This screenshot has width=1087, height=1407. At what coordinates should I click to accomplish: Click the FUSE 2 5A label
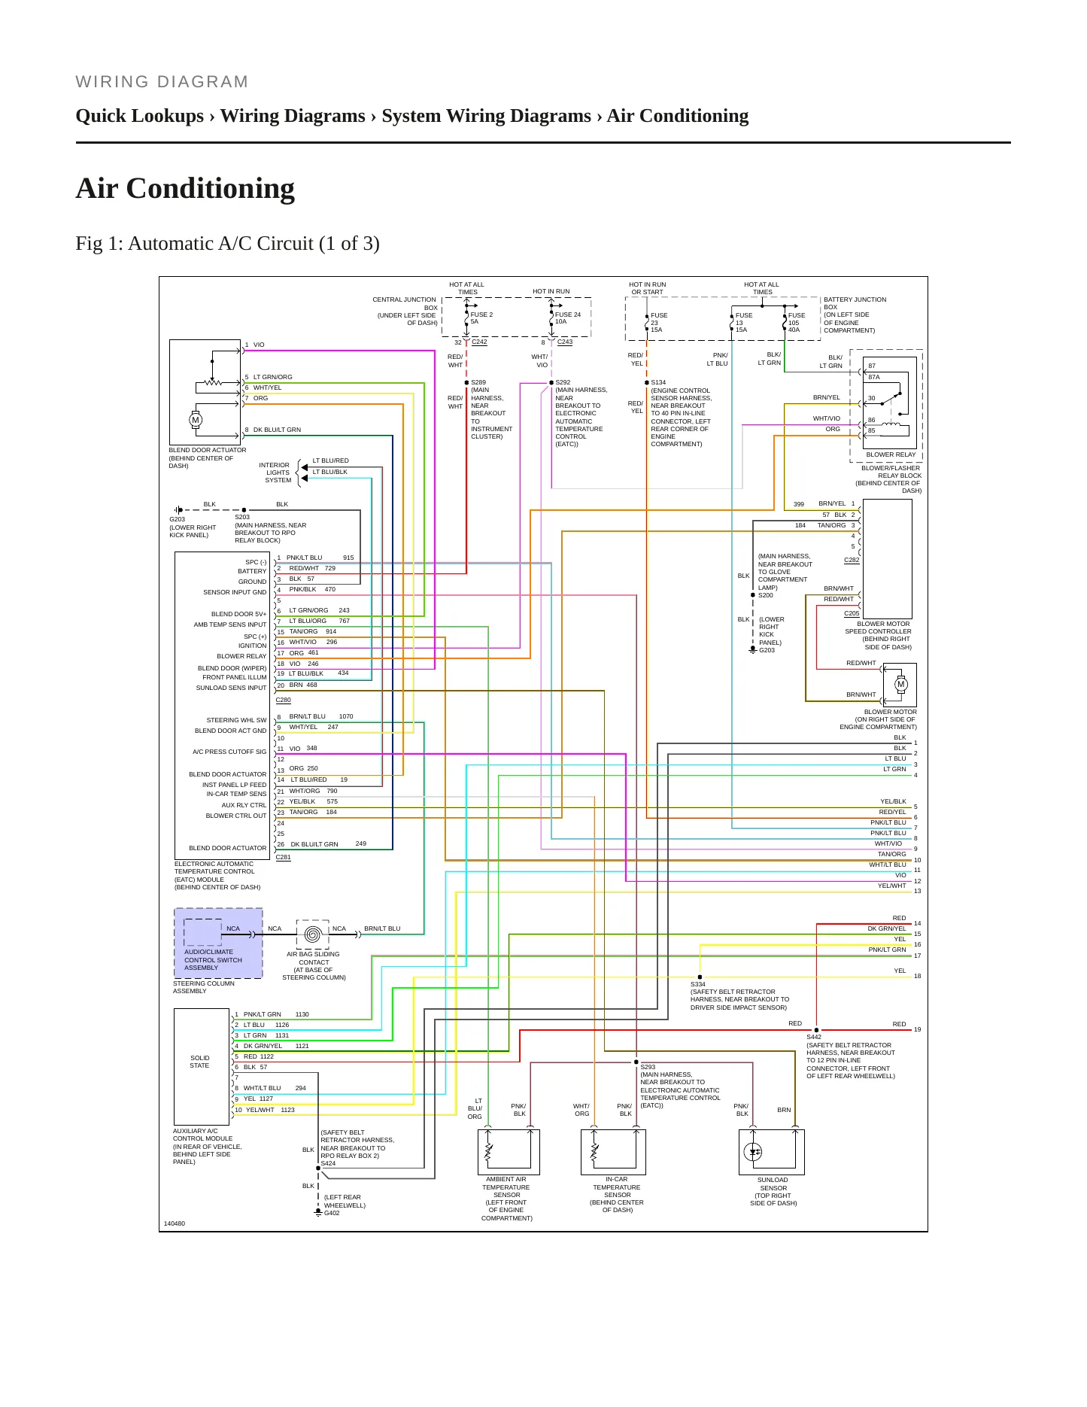point(481,318)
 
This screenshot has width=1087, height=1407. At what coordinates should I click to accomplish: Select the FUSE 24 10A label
point(568,318)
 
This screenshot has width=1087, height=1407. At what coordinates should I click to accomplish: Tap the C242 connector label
point(479,342)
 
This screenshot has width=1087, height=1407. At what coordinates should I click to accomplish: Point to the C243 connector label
point(565,342)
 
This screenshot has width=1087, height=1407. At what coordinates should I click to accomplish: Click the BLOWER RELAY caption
point(891,454)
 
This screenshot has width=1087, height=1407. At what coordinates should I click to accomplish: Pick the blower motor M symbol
point(901,684)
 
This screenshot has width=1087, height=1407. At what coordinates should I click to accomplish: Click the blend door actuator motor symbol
point(196,420)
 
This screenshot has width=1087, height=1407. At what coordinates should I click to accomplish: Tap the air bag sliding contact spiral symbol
point(314,934)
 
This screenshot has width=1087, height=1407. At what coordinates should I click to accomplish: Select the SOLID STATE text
point(199,1062)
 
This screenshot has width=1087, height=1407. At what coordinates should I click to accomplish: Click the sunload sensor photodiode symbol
point(753,1152)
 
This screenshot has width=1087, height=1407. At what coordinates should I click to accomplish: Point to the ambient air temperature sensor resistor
point(488,1152)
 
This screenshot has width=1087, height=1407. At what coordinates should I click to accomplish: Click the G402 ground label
point(332,1213)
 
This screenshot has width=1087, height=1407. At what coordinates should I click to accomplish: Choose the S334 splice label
point(698,984)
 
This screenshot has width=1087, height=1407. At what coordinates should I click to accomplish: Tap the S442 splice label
point(814,1037)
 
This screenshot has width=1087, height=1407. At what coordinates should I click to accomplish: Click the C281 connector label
point(283,857)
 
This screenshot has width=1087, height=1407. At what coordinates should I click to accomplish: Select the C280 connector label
point(283,700)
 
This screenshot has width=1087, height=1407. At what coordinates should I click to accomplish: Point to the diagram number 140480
point(175,1223)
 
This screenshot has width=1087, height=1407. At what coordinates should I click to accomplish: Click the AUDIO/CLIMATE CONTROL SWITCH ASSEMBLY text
point(213,959)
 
